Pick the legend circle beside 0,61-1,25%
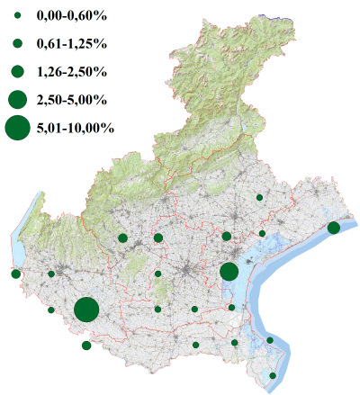17,42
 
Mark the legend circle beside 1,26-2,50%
17,70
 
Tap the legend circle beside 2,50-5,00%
17,99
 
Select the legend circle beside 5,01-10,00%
17,129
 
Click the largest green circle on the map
86,310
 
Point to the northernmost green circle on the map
259,197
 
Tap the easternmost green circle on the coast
333,228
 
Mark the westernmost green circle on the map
15,274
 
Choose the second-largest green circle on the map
229,272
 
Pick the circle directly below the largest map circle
86,346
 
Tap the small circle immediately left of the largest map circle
51,310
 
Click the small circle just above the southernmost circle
270,340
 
